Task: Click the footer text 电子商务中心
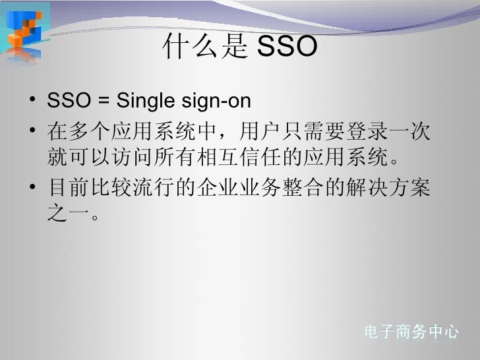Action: click(x=411, y=332)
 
